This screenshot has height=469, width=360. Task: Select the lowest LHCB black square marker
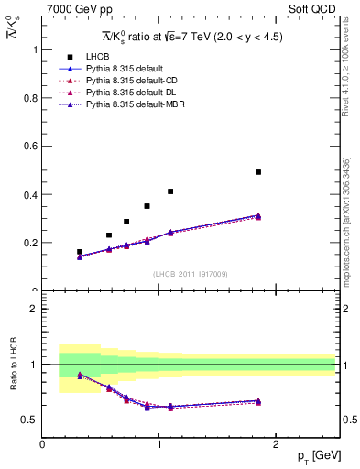click(80, 251)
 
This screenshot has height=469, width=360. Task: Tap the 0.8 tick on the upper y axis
click(30, 97)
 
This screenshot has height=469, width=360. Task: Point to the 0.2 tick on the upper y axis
click(30, 243)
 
